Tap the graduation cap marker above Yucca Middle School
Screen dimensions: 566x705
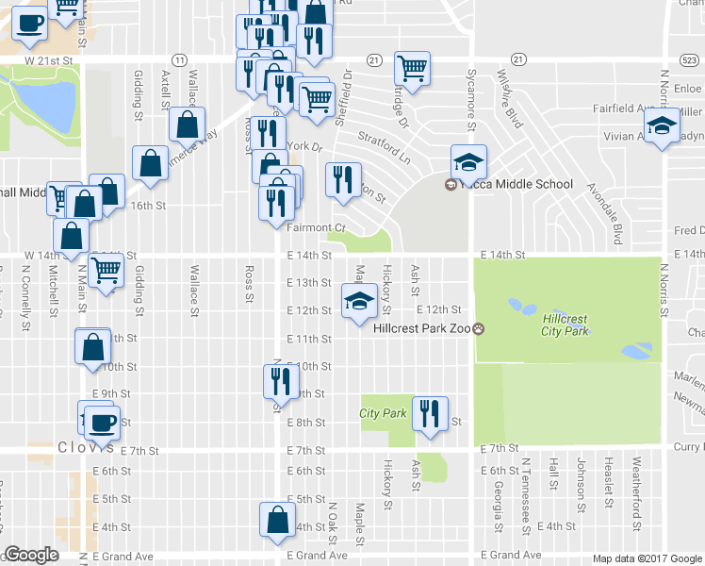point(467,161)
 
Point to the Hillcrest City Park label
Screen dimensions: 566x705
point(565,325)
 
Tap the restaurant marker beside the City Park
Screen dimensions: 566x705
point(429,412)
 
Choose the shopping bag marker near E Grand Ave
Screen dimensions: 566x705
point(277,520)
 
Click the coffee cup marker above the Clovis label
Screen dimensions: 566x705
point(103,422)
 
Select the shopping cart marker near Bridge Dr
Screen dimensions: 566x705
point(411,67)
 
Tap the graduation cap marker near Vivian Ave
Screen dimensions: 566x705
point(662,126)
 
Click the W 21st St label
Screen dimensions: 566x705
point(51,59)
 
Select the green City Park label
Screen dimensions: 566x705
point(383,413)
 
